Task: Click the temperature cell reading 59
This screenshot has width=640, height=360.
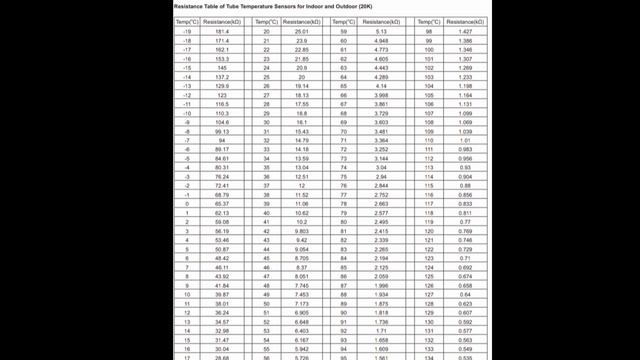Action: tap(344, 32)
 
